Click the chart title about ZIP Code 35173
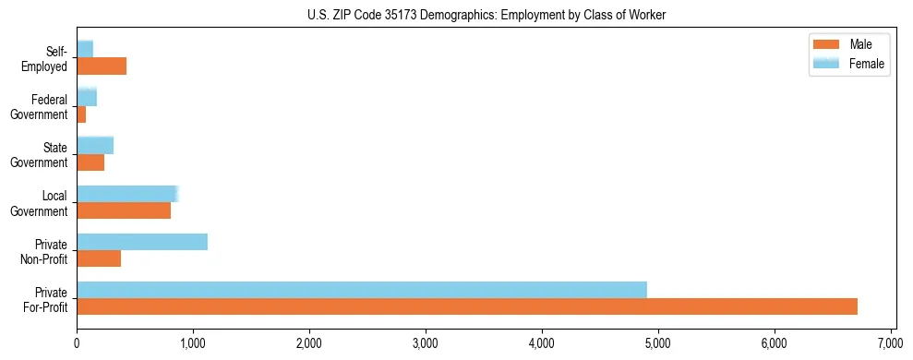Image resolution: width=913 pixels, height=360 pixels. point(487,15)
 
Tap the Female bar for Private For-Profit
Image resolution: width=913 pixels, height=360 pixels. point(361,290)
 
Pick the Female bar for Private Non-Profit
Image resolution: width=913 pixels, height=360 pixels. point(142,242)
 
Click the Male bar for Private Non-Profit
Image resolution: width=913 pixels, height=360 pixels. point(99,258)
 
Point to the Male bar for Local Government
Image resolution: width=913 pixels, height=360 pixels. point(124,210)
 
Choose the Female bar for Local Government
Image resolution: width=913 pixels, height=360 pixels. point(126,194)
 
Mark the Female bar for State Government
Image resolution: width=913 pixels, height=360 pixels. point(95,145)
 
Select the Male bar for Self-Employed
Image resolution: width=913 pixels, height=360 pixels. point(102,66)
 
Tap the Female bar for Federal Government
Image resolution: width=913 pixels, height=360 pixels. point(87,97)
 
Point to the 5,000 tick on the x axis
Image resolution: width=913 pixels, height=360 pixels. point(658,343)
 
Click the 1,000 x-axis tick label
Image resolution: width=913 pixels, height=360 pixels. point(193,343)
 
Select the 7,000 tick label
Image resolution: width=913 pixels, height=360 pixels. point(891,343)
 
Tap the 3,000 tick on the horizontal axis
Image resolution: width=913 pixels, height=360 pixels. point(426,343)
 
